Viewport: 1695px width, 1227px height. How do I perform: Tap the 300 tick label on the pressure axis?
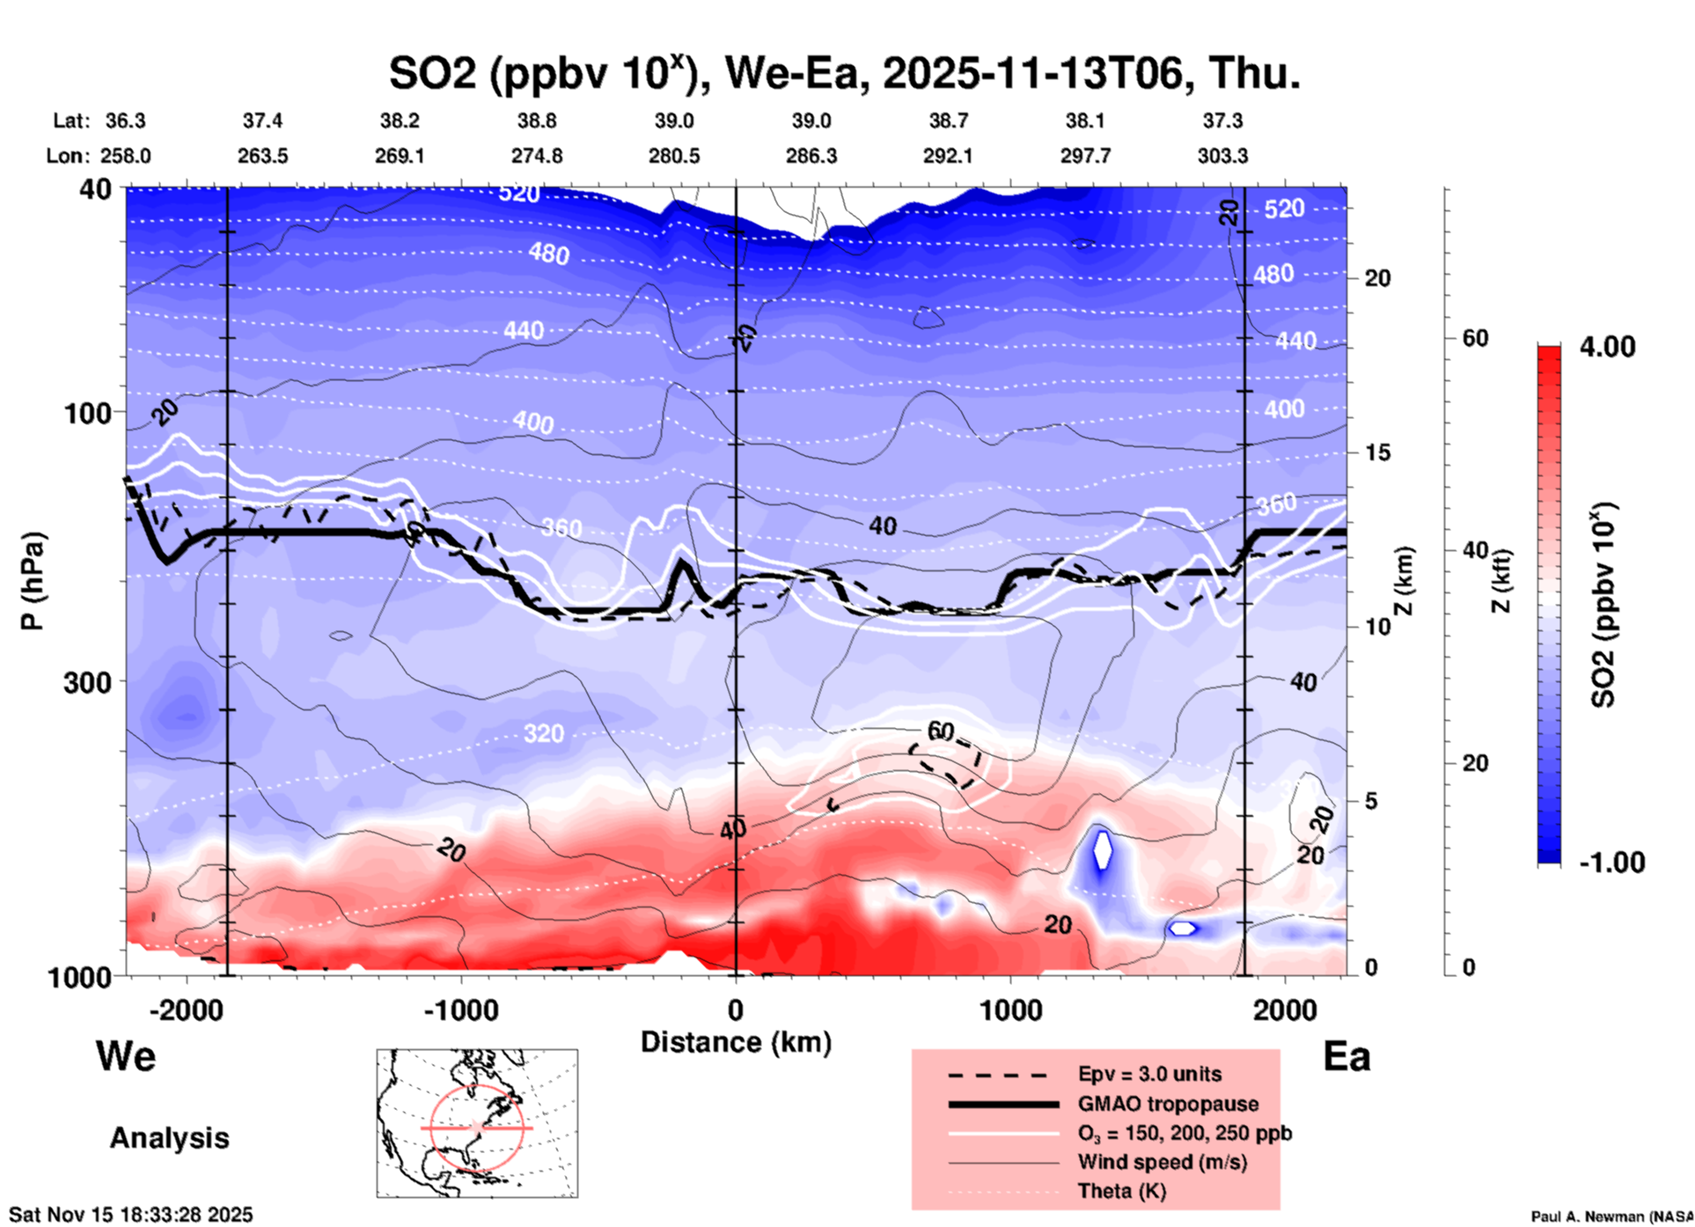[x=88, y=681]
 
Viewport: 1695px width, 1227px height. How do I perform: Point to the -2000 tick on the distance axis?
[x=187, y=1010]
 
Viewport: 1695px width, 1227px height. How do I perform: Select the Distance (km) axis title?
[x=736, y=1042]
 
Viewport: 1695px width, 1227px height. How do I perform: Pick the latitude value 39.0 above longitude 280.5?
[x=673, y=121]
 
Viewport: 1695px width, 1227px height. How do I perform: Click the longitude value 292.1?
[x=948, y=156]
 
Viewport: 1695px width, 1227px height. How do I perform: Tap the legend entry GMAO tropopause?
[x=1168, y=1104]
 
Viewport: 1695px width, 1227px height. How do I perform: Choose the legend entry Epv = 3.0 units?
[x=1149, y=1074]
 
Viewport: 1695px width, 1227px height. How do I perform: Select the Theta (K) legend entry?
[x=1121, y=1191]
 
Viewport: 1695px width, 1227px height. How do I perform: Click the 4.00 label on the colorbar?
[x=1607, y=346]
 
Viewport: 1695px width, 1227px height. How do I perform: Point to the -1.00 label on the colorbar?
[x=1611, y=862]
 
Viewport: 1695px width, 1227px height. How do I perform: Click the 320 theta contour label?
[x=544, y=733]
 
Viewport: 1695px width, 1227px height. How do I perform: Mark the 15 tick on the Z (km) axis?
[x=1377, y=452]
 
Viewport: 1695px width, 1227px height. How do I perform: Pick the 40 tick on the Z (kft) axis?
[x=1475, y=550]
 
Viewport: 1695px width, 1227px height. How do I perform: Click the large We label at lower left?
[x=126, y=1056]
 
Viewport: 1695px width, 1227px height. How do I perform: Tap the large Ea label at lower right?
[x=1346, y=1056]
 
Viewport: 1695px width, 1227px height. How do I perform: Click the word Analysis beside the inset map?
[x=169, y=1138]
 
